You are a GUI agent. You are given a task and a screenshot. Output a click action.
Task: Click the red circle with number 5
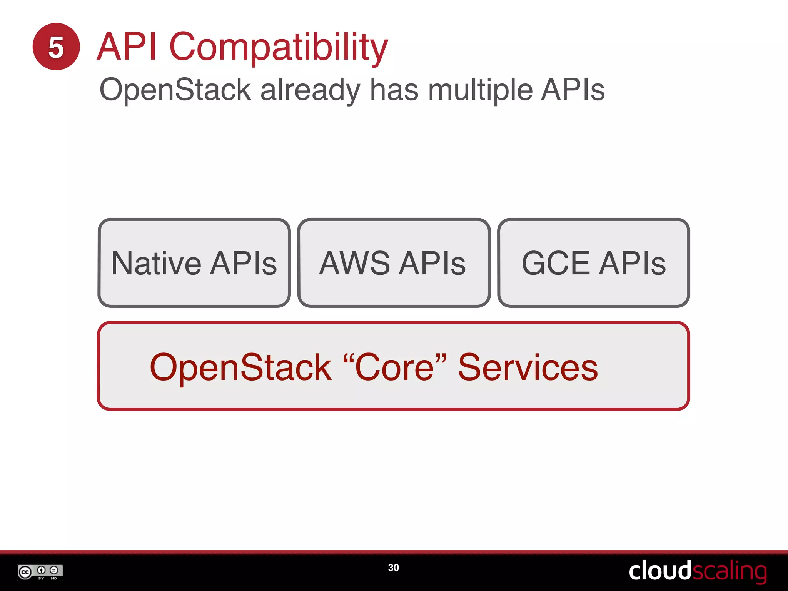click(x=56, y=47)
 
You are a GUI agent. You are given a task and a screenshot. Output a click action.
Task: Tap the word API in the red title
click(x=127, y=47)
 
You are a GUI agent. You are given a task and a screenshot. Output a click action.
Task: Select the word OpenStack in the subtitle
click(x=175, y=90)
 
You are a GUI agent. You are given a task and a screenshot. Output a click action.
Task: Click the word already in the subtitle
click(x=310, y=90)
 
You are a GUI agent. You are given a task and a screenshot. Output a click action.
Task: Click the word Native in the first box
click(x=156, y=263)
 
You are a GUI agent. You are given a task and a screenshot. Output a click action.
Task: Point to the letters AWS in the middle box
click(x=354, y=263)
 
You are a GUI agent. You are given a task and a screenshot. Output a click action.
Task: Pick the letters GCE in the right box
click(x=556, y=263)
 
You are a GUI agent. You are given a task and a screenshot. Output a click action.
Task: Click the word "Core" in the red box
click(x=394, y=367)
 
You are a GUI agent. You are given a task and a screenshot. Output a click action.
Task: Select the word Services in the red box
click(x=528, y=367)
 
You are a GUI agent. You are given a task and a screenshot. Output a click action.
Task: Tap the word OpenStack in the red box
click(x=240, y=367)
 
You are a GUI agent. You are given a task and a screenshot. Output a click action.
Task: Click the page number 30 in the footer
click(x=393, y=568)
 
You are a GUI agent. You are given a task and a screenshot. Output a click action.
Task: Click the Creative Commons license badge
click(x=40, y=572)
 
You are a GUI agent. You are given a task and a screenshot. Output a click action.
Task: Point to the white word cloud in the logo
click(x=660, y=571)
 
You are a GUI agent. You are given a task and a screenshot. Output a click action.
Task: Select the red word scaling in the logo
click(x=729, y=571)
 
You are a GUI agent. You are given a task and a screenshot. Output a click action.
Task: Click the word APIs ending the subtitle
click(x=573, y=90)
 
